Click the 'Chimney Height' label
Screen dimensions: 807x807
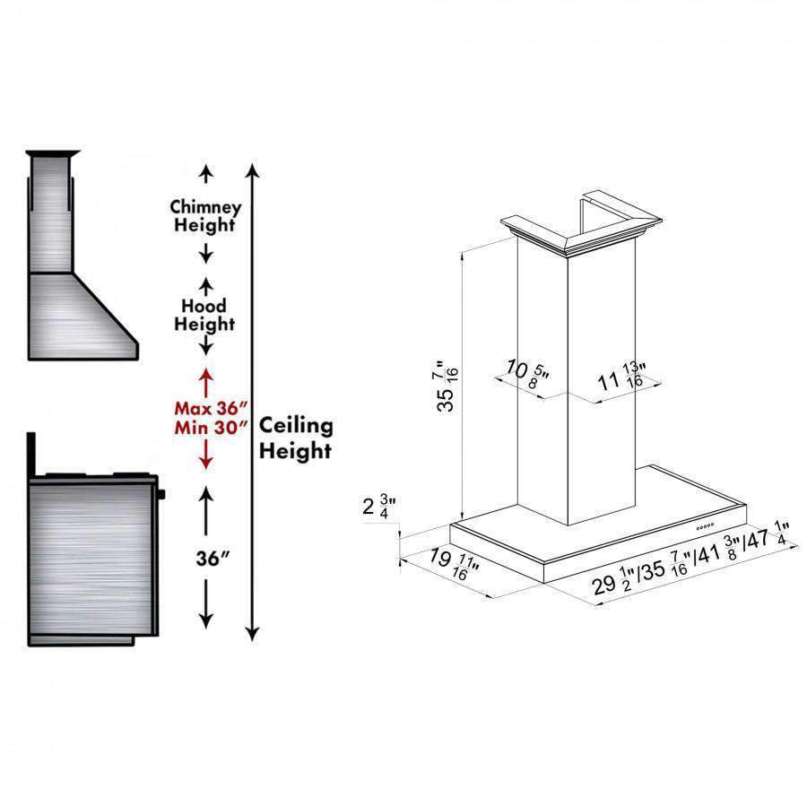(x=205, y=216)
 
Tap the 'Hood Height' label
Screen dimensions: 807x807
(x=204, y=315)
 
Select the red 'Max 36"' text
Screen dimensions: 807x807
(x=211, y=408)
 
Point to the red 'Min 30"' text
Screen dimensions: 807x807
(x=211, y=427)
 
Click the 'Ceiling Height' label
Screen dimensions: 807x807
(x=296, y=438)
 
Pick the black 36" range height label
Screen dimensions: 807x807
(x=213, y=558)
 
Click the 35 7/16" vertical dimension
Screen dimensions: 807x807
(x=447, y=386)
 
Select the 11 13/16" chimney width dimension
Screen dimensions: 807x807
(x=621, y=377)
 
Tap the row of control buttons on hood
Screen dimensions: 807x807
(x=705, y=526)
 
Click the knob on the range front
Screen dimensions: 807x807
(x=161, y=495)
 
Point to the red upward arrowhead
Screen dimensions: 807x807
(x=206, y=375)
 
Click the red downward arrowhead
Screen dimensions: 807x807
(x=206, y=462)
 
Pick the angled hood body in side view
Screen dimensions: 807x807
(x=82, y=316)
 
